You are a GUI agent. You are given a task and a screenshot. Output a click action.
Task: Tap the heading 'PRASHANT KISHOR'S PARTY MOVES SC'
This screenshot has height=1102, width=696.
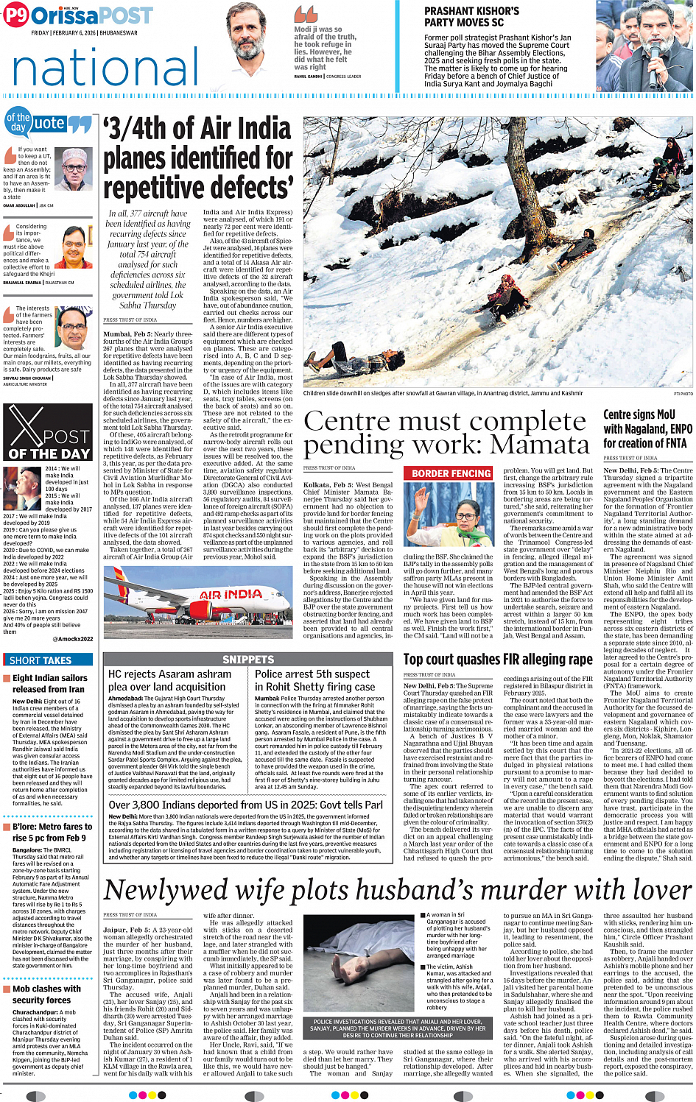coord(471,17)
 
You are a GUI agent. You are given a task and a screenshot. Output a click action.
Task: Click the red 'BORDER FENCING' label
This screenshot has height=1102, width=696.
coord(451,473)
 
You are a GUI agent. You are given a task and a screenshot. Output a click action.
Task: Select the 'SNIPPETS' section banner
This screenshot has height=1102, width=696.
coord(248,660)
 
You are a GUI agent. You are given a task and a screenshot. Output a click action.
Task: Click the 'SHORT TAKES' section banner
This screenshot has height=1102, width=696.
coord(41,660)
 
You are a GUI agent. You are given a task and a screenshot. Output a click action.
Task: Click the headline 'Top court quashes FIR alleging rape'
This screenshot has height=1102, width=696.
coord(498,659)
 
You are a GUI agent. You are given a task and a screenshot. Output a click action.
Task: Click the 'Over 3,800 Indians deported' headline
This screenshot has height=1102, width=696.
coord(246,805)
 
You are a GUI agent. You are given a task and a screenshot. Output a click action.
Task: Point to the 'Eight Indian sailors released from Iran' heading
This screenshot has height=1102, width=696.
coord(49,683)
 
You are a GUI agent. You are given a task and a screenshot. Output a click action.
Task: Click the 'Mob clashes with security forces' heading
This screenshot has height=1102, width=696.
coord(46,994)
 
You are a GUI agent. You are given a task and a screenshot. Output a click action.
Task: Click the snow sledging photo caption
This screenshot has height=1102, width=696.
coord(443,393)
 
